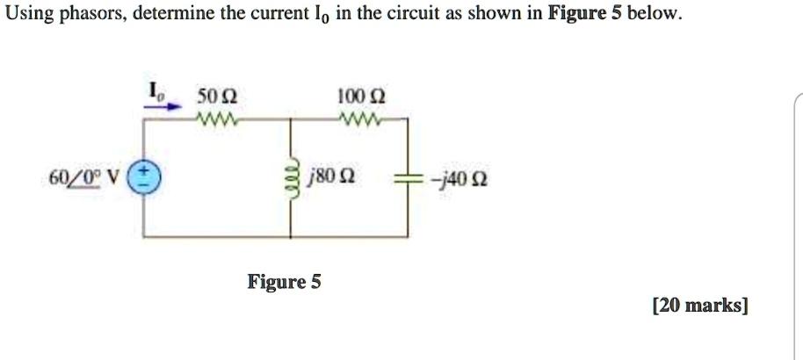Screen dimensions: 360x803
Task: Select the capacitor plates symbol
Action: click(408, 179)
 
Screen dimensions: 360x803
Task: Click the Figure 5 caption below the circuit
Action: click(284, 282)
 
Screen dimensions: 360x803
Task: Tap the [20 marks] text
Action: click(700, 306)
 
